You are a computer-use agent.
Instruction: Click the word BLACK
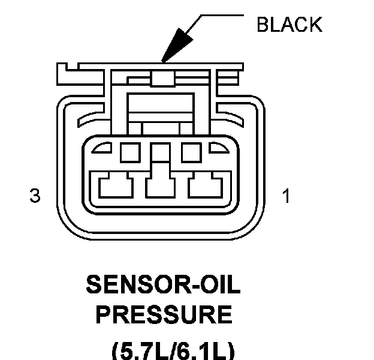pyautogui.click(x=289, y=25)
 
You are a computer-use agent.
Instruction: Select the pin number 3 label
pyautogui.click(x=35, y=196)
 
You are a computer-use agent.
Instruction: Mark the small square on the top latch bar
pyautogui.click(x=159, y=78)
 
